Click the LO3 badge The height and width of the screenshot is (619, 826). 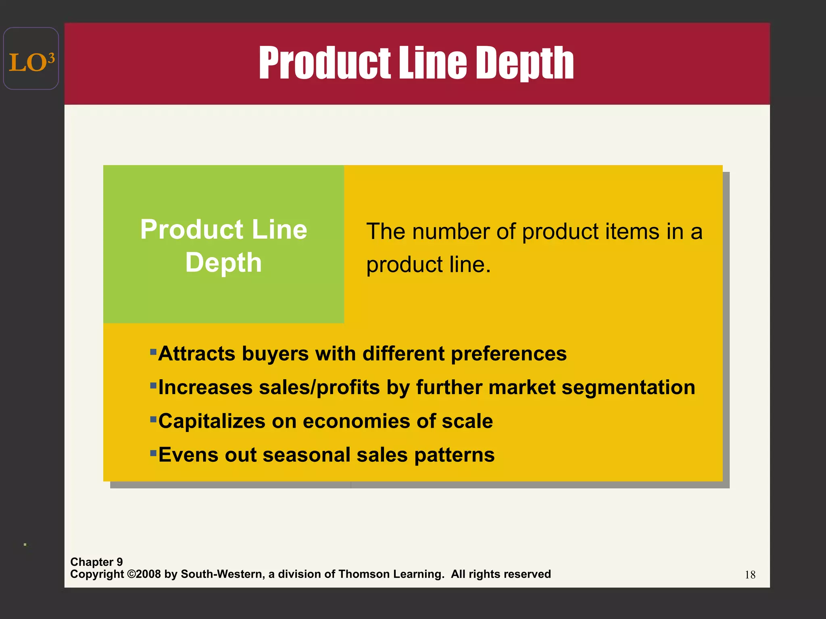pos(31,59)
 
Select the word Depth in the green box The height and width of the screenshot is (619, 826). pos(223,263)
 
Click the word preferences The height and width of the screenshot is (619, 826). pos(509,354)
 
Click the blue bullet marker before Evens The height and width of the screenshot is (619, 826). pos(153,453)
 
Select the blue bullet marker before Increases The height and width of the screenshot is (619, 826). pos(153,385)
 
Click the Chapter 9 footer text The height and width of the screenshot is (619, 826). pos(96,562)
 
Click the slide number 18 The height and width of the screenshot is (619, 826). pos(750,575)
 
